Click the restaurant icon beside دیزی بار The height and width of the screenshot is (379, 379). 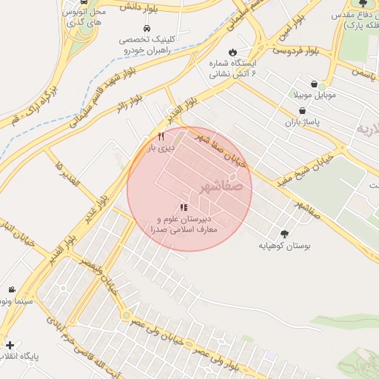(x=161, y=136)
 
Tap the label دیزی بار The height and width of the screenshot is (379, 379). (x=161, y=148)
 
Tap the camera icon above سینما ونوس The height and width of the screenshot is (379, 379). (x=11, y=289)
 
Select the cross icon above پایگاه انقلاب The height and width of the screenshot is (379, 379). (x=10, y=345)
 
